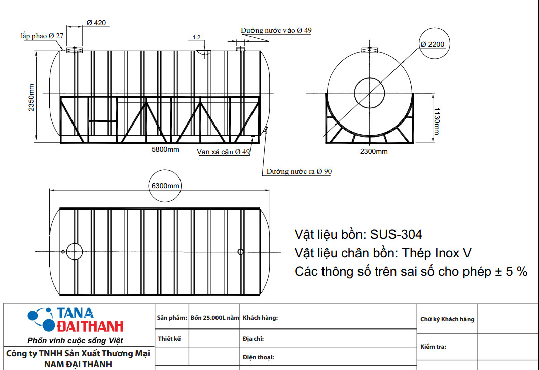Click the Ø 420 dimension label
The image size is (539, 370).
96,23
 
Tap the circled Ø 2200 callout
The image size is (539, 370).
432,44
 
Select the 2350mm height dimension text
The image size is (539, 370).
31,97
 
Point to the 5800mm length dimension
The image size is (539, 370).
166,150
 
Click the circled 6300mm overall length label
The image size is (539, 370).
165,186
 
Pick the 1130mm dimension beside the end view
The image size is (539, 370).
437,121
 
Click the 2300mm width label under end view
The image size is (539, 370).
374,151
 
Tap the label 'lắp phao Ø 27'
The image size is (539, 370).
42,36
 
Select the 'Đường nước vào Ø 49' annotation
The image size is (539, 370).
276,30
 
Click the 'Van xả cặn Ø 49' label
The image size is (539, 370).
224,152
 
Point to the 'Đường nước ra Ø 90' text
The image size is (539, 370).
299,171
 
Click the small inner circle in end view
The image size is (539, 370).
370,93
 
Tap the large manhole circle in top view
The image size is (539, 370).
74,251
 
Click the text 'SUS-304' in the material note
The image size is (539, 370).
396,235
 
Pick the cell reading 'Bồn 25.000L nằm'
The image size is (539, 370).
214,318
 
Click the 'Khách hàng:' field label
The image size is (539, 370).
261,318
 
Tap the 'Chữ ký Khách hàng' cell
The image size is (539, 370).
447,319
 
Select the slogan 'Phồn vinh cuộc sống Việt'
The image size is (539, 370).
75,340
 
